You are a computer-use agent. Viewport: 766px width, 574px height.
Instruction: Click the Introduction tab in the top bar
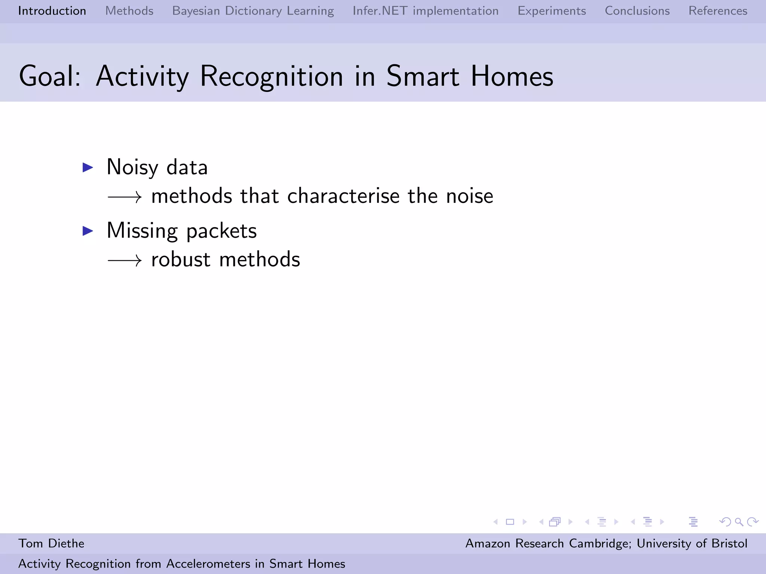coord(52,11)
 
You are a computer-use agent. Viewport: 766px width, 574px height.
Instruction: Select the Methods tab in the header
coord(129,11)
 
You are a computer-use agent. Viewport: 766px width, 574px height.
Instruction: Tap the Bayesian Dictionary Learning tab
coord(253,11)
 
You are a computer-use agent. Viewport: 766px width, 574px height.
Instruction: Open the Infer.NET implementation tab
coord(425,11)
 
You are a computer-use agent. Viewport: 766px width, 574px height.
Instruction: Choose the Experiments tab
coord(551,11)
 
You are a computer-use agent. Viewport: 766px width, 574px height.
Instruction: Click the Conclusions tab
coord(637,11)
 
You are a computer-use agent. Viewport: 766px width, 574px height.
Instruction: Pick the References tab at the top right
coord(717,11)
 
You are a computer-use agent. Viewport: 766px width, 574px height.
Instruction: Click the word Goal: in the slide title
coord(50,76)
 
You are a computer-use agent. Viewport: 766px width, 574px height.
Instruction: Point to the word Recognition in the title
coord(271,76)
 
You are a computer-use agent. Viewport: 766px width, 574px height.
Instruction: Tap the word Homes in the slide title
coord(512,76)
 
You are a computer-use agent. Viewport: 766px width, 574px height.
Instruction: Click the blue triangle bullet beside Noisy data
coord(88,167)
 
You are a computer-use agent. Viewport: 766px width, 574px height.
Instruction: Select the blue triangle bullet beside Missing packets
coord(88,231)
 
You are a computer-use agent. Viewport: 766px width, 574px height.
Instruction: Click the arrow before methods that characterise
coord(125,197)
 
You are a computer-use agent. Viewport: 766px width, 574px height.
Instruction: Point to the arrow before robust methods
coord(125,260)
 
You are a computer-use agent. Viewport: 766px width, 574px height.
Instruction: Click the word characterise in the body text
coord(343,196)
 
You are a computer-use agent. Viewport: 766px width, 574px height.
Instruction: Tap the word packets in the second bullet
coord(221,231)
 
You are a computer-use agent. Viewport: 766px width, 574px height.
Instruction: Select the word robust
coord(181,259)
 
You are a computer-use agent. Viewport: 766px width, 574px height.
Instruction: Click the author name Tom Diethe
coord(51,543)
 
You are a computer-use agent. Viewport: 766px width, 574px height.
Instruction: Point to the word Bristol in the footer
coord(729,543)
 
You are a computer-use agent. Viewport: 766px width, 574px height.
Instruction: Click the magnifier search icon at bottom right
coord(739,522)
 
